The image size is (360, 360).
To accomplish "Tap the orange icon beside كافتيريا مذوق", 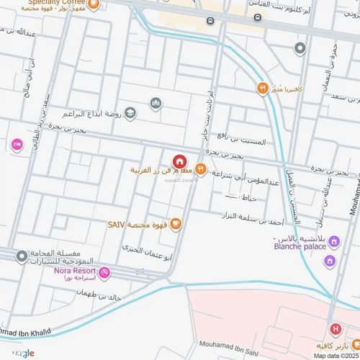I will (263, 89).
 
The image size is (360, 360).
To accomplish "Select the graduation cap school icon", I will (130, 112).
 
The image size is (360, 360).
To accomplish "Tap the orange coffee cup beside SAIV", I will (176, 225).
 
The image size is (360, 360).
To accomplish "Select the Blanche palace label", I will (297, 245).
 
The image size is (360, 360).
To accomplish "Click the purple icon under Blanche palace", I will (330, 259).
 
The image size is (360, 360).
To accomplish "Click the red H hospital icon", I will (335, 329).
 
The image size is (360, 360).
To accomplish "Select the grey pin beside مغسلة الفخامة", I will (22, 256).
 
